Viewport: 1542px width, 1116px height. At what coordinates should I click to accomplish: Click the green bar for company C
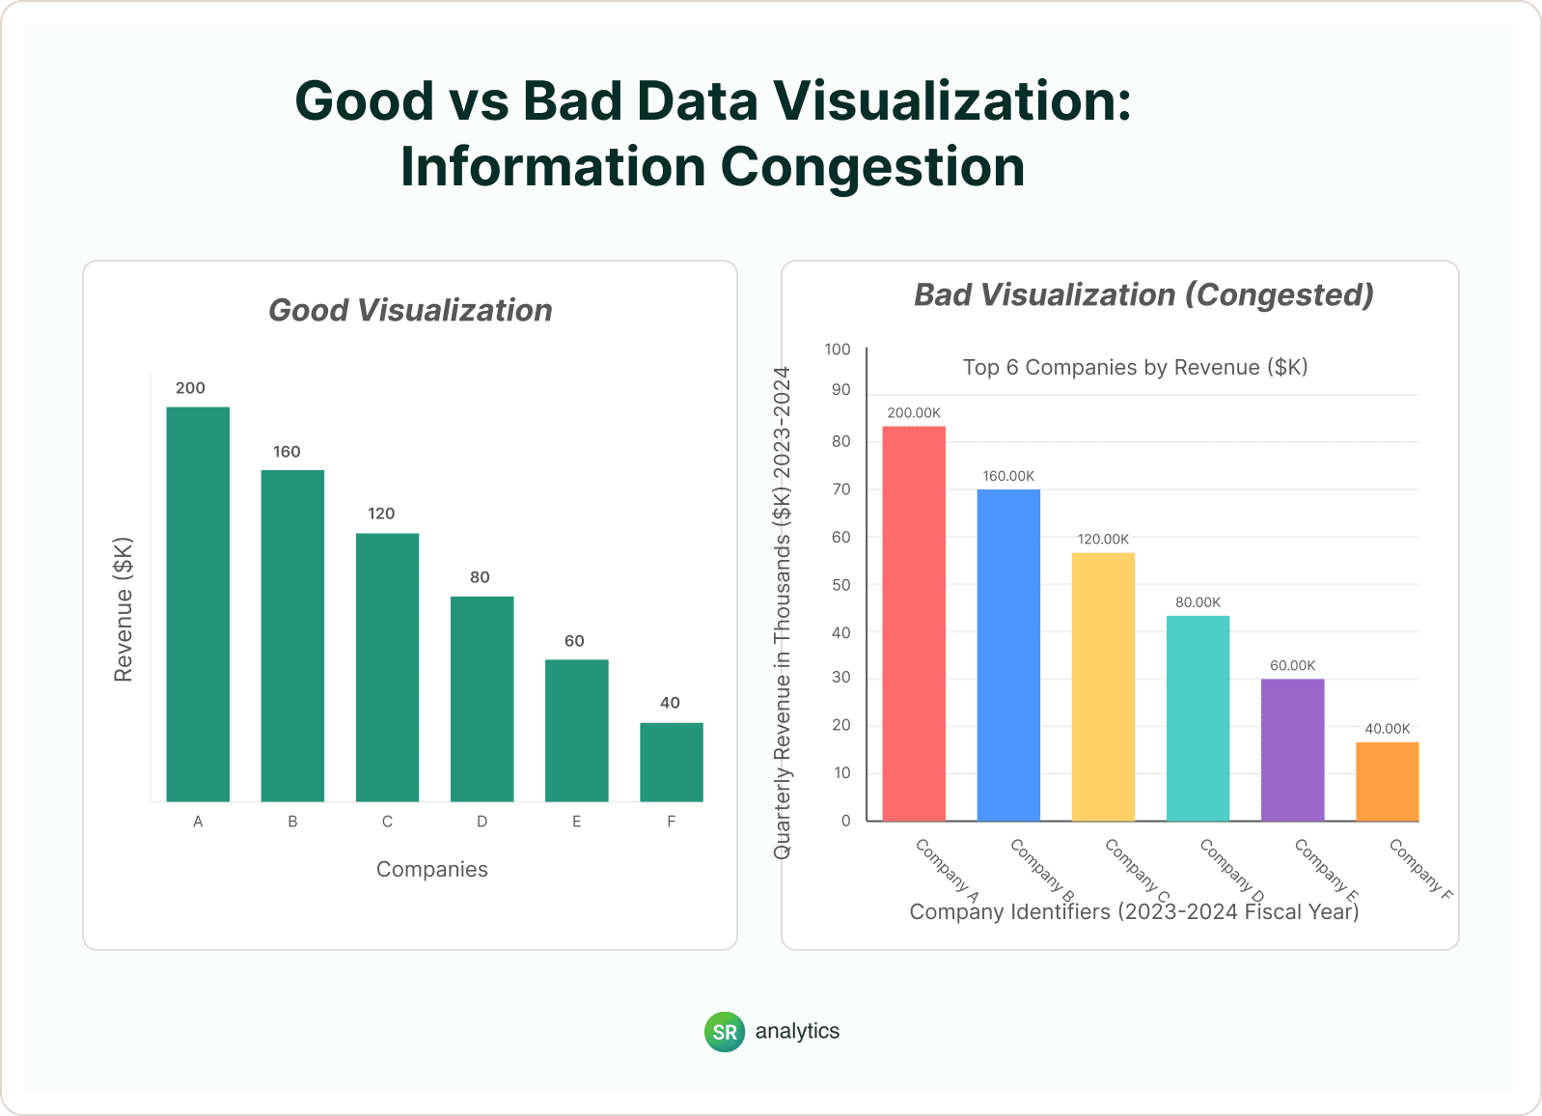(x=387, y=667)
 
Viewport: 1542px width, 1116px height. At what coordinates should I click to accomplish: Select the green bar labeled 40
(x=671, y=762)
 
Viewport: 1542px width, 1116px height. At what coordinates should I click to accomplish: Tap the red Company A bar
(x=914, y=624)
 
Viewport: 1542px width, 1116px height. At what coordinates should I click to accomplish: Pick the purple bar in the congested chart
(x=1292, y=750)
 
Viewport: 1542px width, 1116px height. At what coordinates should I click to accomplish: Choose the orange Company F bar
(x=1387, y=782)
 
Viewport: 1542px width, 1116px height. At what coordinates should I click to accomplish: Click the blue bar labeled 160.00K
(x=1008, y=656)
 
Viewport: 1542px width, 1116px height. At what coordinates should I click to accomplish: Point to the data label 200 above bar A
(x=190, y=388)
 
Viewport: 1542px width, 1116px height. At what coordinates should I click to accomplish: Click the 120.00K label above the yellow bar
(x=1103, y=540)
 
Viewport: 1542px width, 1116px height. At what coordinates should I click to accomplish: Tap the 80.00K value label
(x=1198, y=602)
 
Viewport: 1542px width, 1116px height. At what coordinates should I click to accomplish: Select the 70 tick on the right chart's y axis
(x=841, y=489)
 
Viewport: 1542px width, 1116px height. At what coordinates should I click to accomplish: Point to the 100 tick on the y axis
(x=838, y=349)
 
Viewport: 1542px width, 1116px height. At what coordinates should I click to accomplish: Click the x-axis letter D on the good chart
(x=482, y=822)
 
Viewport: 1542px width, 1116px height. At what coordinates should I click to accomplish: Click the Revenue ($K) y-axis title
(x=124, y=609)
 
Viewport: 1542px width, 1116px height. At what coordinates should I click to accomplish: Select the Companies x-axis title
(x=431, y=870)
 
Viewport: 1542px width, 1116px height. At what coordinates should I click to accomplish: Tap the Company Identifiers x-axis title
(x=1134, y=912)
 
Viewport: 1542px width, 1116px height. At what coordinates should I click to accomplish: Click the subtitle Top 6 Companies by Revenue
(x=1135, y=368)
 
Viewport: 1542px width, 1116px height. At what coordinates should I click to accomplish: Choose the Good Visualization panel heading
(x=410, y=311)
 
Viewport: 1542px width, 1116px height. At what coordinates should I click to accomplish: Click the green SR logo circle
(x=725, y=1032)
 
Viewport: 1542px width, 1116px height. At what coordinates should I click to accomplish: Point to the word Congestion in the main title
(x=872, y=167)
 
